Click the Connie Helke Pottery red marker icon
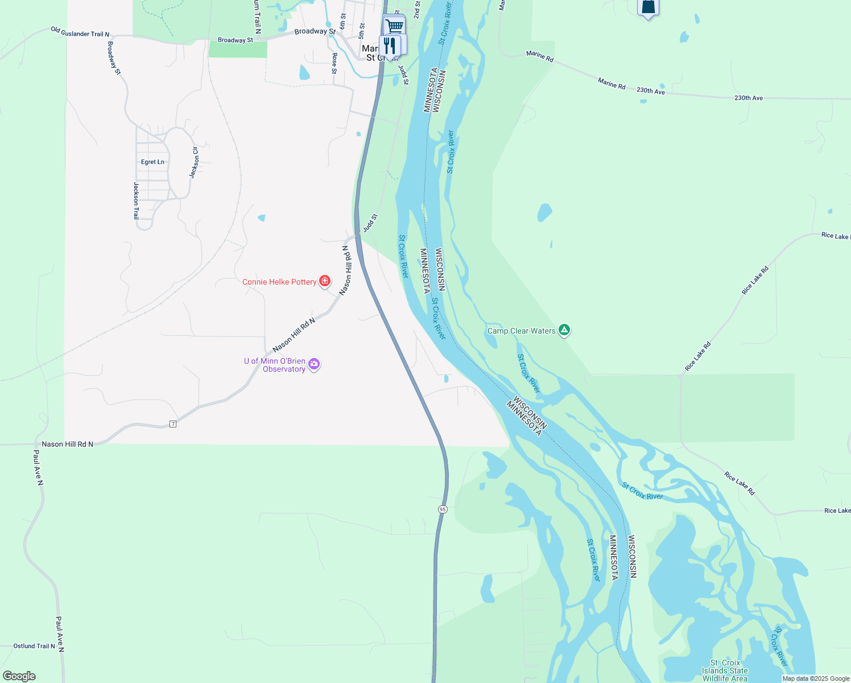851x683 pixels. pos(325,281)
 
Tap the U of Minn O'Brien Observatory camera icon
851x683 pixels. pos(314,364)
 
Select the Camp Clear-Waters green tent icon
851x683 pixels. pos(564,330)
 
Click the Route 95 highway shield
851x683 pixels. pos(443,509)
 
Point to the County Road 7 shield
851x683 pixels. pos(173,424)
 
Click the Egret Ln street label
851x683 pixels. pos(152,162)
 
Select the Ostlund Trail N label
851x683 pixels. pos(34,646)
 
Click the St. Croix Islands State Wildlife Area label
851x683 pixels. pos(725,670)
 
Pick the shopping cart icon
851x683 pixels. pos(394,26)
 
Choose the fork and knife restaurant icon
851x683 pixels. pos(390,45)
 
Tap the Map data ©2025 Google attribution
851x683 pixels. pos(816,678)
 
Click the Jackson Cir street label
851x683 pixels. pos(195,162)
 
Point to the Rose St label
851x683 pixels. pos(334,63)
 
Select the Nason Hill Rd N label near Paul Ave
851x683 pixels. pos(67,444)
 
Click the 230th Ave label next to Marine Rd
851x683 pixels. pos(651,91)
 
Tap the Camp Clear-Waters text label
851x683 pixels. pos(521,331)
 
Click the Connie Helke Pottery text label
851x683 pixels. pos(279,282)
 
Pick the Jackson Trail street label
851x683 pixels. pos(136,200)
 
